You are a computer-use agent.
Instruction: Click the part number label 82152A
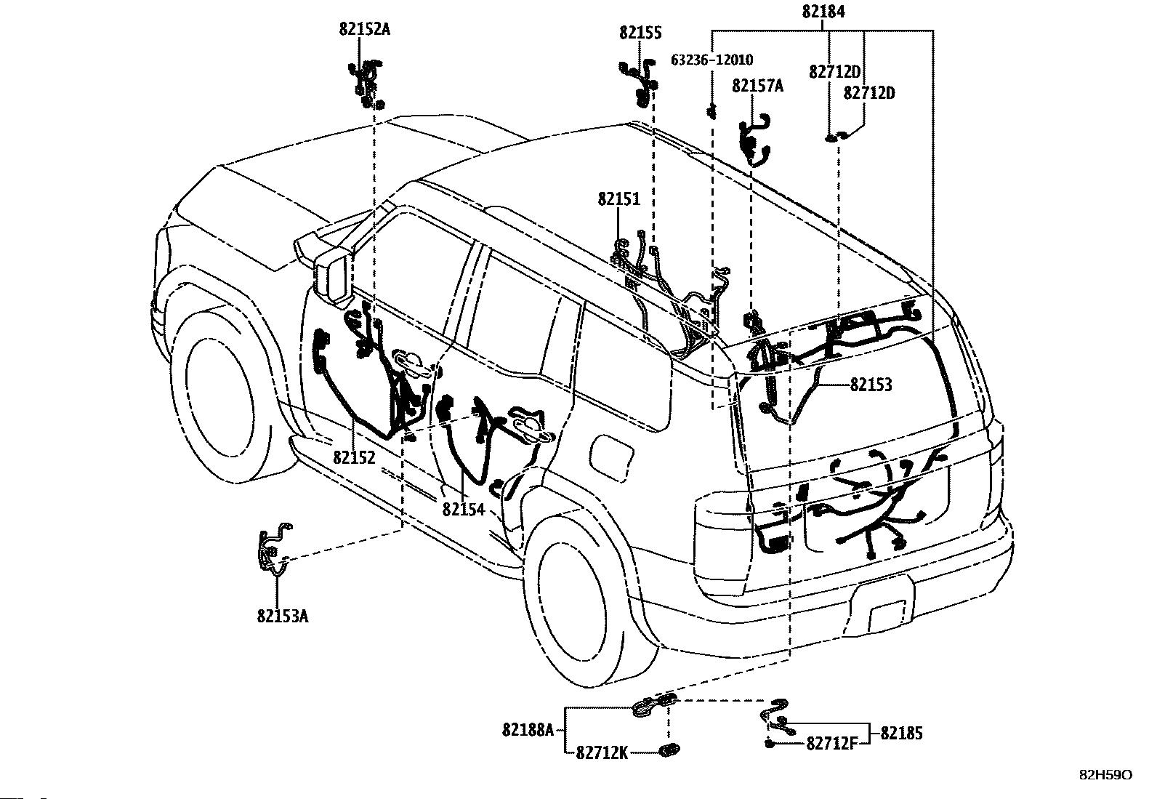tap(364, 29)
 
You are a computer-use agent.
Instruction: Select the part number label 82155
tap(640, 33)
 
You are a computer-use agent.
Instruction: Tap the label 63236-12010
tap(711, 60)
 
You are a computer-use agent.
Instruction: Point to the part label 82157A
tap(758, 86)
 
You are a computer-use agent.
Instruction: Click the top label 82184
tap(823, 12)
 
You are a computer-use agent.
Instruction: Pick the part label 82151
tap(619, 198)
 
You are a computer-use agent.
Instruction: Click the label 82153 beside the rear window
tap(871, 385)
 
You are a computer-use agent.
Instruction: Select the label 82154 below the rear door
tap(463, 510)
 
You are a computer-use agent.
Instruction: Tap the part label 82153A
tap(282, 616)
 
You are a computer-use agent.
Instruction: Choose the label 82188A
tap(528, 729)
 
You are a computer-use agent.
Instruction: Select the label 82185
tap(901, 734)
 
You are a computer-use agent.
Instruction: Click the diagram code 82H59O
tap(1105, 775)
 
